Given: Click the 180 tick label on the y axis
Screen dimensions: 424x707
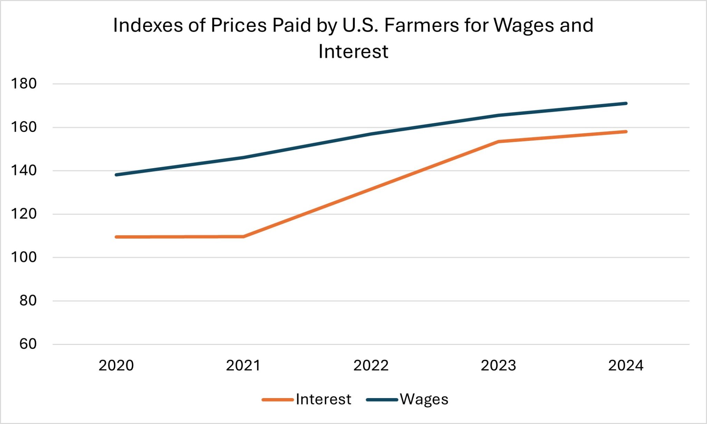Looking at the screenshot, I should (x=24, y=84).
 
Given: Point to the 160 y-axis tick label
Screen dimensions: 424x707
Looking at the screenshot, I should (x=24, y=127).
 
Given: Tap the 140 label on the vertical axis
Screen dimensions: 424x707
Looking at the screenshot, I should (x=24, y=171).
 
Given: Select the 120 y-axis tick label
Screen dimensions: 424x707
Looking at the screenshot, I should (x=24, y=214).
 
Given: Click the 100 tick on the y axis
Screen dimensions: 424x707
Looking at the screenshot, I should (x=24, y=257).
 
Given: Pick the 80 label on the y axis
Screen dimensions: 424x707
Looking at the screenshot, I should (x=28, y=301).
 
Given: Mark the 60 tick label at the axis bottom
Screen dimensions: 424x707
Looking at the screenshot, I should (x=28, y=344).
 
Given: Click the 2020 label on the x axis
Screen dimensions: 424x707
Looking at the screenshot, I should (x=116, y=365).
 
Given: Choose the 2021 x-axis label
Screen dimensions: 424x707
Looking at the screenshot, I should (x=243, y=365).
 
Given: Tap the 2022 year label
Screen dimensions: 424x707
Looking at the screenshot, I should (x=371, y=365).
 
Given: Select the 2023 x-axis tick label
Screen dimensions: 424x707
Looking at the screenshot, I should (x=498, y=365).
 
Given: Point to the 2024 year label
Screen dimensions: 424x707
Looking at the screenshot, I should (x=626, y=365).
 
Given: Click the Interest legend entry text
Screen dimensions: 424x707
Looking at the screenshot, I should (x=323, y=399).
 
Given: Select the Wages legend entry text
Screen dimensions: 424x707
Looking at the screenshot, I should (x=424, y=399).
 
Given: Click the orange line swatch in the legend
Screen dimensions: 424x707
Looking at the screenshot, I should (x=278, y=400).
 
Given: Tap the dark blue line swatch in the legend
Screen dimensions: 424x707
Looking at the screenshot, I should (x=382, y=400).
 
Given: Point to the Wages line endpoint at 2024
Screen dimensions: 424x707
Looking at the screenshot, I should (x=626, y=103).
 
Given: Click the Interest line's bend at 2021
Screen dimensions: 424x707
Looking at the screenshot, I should (x=244, y=237).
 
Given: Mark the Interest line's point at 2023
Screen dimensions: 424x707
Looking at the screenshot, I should (x=498, y=142).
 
